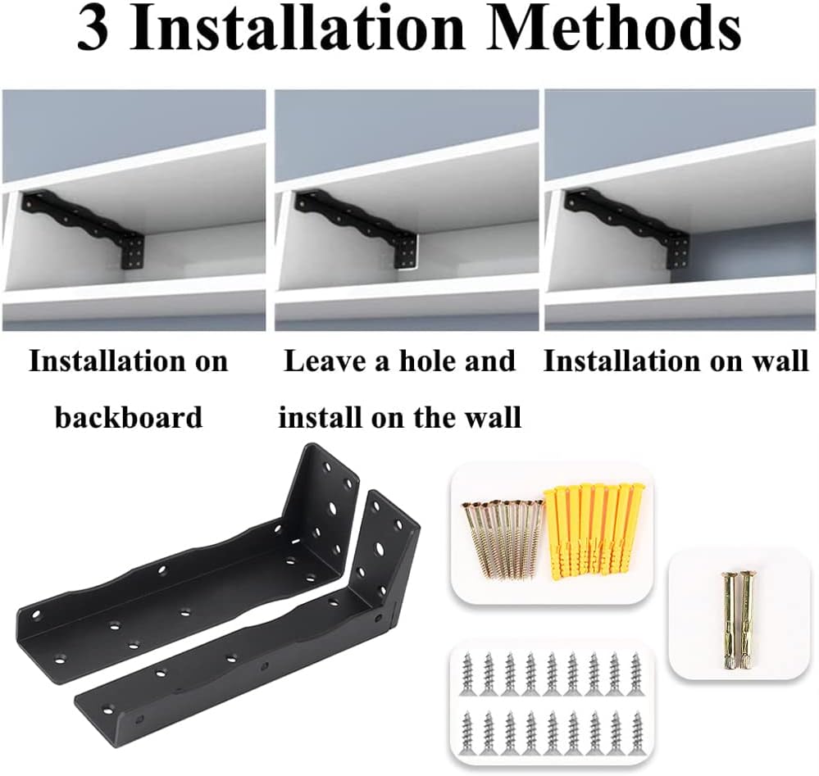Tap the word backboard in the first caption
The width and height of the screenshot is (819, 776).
[129, 417]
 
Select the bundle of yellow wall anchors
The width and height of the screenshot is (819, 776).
[596, 529]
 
